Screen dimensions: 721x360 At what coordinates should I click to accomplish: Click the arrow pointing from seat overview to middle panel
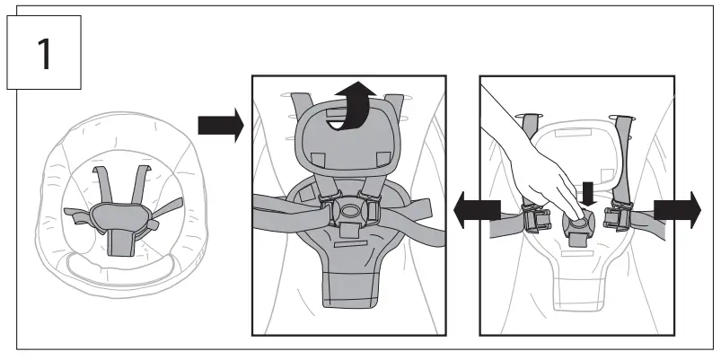click(219, 126)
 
